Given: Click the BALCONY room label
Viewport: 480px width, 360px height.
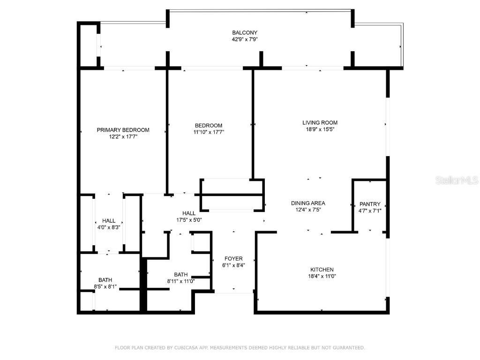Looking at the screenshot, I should click(x=245, y=32).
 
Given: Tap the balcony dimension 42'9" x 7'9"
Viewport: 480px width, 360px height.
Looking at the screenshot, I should click(x=245, y=39).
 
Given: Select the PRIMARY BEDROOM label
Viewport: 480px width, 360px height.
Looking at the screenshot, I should click(x=123, y=130).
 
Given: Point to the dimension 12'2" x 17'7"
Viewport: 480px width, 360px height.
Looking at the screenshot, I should click(x=123, y=137).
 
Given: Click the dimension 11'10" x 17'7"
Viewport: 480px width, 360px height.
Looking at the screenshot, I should click(x=209, y=132).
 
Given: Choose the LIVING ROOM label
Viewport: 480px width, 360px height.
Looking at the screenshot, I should click(x=320, y=122).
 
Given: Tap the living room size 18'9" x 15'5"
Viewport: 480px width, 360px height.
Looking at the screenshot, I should click(x=320, y=129).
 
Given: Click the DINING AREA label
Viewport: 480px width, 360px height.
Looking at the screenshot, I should click(x=308, y=203).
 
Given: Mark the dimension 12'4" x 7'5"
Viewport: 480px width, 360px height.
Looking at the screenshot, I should click(x=308, y=210).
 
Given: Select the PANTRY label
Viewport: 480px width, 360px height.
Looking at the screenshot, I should click(x=370, y=204).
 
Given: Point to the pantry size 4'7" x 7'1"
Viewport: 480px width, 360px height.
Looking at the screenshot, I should click(x=370, y=211).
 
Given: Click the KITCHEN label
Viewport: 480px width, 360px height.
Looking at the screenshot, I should click(x=322, y=270).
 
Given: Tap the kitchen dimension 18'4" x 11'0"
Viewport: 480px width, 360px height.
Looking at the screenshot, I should click(x=322, y=277).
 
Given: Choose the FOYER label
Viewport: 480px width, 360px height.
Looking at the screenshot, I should click(x=233, y=258).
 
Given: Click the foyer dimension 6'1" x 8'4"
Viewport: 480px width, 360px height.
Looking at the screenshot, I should click(x=233, y=265).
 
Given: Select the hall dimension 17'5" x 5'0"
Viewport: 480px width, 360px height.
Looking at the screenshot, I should click(x=189, y=219).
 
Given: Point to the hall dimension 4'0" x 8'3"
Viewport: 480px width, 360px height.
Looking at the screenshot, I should click(x=109, y=227).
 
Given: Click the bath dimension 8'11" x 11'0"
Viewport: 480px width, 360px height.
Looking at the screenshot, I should click(x=180, y=281).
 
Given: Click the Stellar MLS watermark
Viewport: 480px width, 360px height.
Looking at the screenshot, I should click(x=457, y=180).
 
